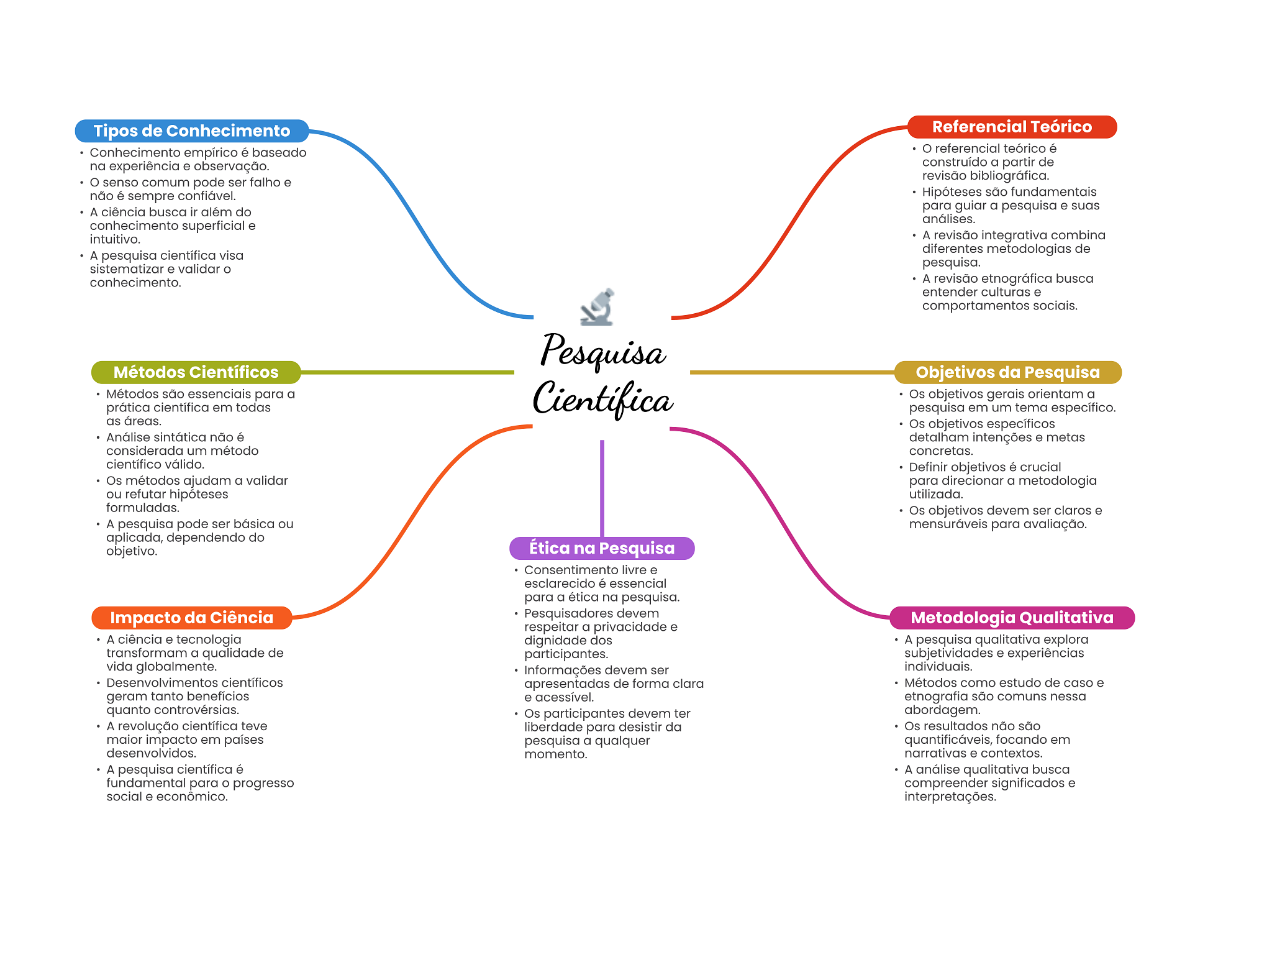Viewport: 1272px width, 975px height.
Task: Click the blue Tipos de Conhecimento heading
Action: [x=192, y=131]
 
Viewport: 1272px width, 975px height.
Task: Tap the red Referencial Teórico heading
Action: [x=1012, y=127]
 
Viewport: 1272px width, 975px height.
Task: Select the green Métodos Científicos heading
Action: [x=196, y=372]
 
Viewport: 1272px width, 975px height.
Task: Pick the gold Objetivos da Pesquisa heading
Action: [x=1007, y=372]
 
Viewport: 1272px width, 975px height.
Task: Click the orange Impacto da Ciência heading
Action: [x=192, y=618]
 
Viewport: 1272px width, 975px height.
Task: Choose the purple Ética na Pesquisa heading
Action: [x=602, y=548]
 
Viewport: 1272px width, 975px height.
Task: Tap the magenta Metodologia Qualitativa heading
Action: [x=1012, y=618]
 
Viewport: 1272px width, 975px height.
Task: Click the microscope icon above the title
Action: [x=597, y=307]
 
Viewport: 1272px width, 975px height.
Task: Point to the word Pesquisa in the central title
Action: [x=603, y=351]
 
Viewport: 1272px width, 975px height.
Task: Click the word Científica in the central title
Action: [x=603, y=399]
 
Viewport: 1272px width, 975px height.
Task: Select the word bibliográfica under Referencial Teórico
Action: [x=1009, y=176]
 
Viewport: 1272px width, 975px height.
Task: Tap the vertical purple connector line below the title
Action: [x=602, y=488]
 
